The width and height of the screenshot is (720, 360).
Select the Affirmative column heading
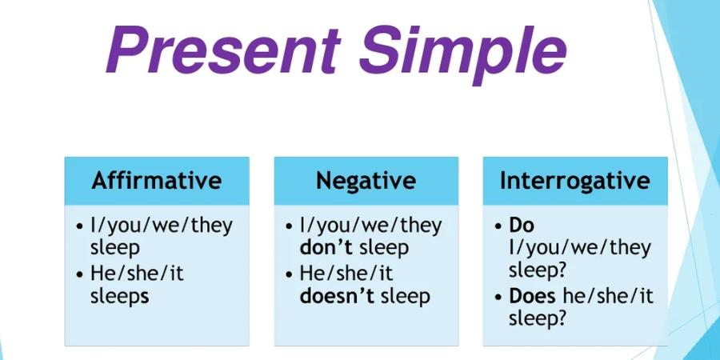point(157,181)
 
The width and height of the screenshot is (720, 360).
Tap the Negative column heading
point(366,181)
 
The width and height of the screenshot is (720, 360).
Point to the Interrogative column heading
point(575,181)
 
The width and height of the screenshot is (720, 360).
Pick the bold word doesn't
point(338,296)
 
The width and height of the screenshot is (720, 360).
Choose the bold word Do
point(522,226)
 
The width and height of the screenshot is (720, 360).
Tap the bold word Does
point(532,297)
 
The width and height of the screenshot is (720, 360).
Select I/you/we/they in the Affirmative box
point(162,226)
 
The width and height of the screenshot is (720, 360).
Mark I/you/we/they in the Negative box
point(371,226)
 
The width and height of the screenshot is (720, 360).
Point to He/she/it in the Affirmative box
point(138,274)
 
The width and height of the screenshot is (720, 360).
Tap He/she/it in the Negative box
point(346,274)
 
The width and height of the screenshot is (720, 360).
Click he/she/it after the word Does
point(607,297)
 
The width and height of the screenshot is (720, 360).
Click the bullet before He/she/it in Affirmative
point(80,275)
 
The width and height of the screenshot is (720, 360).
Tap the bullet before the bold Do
point(498,227)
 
